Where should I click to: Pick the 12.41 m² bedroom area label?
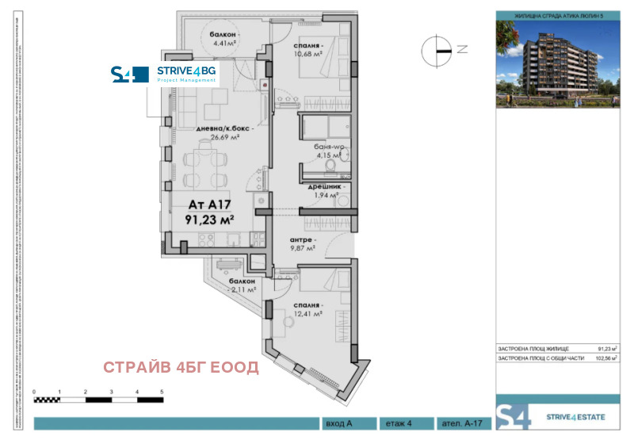coord(307,314)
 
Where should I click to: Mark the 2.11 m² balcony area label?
coord(241,290)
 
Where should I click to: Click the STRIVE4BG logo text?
coord(186,71)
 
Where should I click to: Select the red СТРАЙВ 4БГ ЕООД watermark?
coord(181,367)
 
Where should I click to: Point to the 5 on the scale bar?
coord(162,392)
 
